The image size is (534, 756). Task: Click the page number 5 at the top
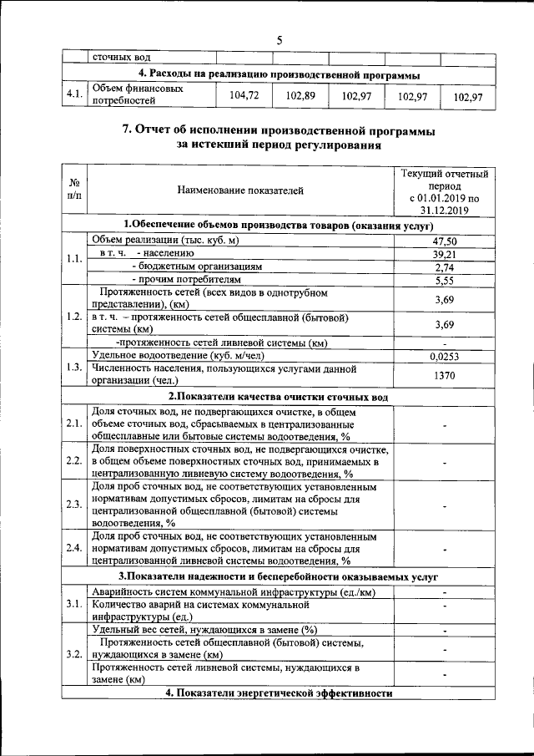coord(280,40)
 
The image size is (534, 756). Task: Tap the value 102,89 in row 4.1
coord(300,96)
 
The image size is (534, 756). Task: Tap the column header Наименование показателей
coord(240,190)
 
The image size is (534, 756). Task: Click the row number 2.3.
coord(74,504)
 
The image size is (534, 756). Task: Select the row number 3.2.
coord(74,653)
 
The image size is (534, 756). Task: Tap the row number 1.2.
coord(74,317)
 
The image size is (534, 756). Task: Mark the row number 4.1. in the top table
coord(75,95)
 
